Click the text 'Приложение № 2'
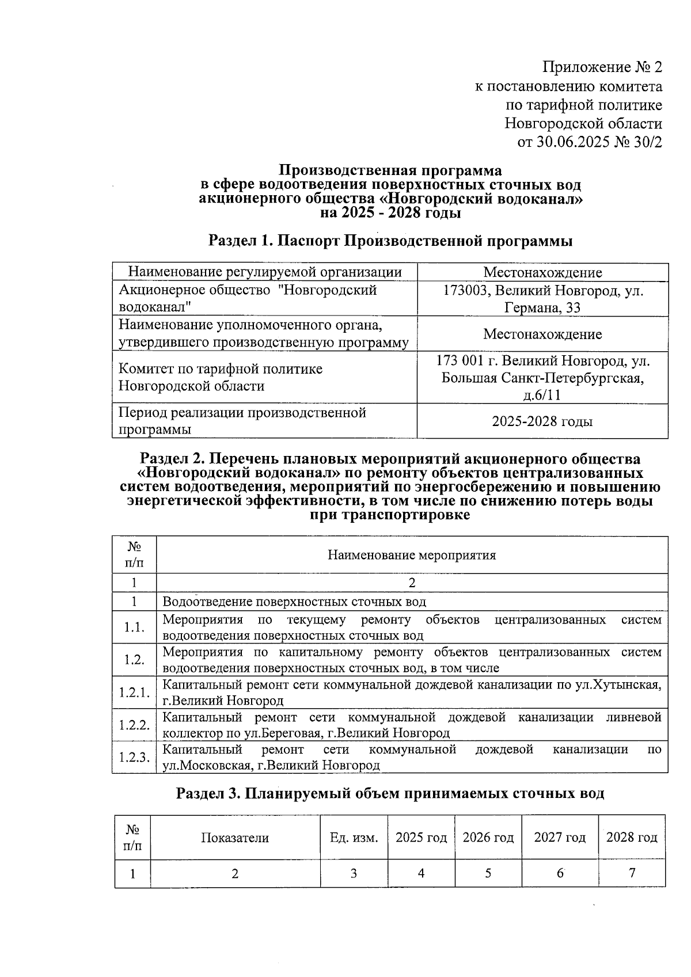click(602, 67)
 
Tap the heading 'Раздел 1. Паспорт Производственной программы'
click(390, 241)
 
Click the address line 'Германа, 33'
click(542, 307)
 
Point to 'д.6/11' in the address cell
click(542, 395)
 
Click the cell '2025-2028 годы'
click(542, 421)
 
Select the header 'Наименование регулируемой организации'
click(264, 272)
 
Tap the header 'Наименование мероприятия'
click(412, 555)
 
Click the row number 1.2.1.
click(134, 693)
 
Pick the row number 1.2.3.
click(134, 757)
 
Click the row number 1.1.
click(134, 628)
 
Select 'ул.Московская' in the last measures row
click(206, 766)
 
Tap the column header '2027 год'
click(559, 837)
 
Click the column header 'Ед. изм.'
click(354, 837)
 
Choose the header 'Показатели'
click(235, 837)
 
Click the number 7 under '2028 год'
click(632, 873)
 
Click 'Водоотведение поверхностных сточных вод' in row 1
click(294, 602)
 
